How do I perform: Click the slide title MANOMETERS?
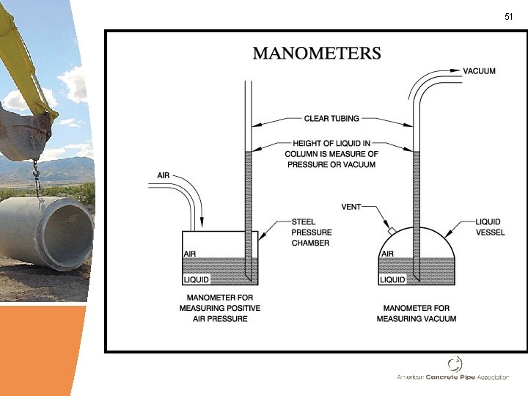coord(316,54)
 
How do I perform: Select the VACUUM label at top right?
coord(480,71)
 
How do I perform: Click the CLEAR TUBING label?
coord(331,117)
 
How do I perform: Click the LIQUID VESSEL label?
coord(490,226)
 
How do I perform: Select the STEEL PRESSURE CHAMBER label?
coord(310,232)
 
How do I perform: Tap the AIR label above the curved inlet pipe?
coord(165,175)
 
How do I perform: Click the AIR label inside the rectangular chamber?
coord(189,253)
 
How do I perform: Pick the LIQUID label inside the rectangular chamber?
coord(196,279)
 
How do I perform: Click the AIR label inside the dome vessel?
coord(388,253)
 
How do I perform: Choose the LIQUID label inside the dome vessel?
coord(393,279)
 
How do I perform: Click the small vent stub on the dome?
coord(392,232)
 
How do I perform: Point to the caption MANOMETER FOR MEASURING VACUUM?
coord(416,313)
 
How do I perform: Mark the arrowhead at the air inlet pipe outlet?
coord(202,224)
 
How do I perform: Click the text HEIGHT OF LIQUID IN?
coord(331,143)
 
